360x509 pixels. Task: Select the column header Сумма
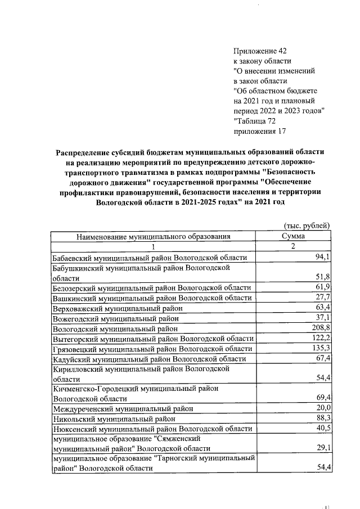(x=293, y=237)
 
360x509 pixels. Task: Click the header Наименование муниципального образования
(x=154, y=237)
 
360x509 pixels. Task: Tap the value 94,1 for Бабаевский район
(x=321, y=258)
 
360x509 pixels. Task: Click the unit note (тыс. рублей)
(x=307, y=226)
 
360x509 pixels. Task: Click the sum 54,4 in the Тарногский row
(x=321, y=469)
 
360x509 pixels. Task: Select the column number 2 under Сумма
(x=293, y=247)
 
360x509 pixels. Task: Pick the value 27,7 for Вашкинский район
(x=321, y=298)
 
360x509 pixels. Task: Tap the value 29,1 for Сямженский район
(x=321, y=448)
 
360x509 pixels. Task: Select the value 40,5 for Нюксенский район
(x=321, y=429)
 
